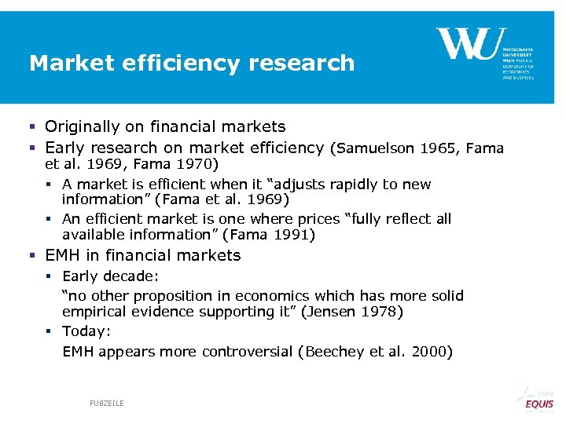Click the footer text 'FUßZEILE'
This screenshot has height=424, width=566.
107,403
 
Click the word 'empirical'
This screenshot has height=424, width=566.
95,312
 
